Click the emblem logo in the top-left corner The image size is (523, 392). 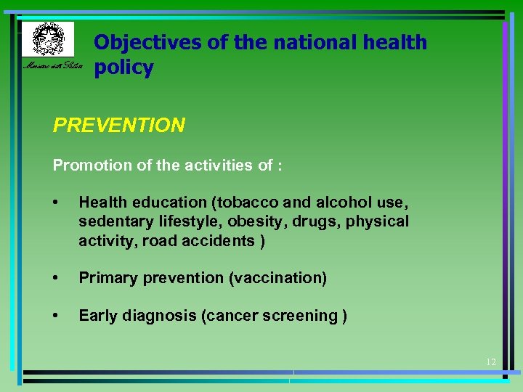(47, 38)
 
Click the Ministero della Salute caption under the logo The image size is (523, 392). (51, 68)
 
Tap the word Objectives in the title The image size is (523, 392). (148, 42)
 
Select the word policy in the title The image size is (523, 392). (123, 68)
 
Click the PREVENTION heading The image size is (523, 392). (119, 126)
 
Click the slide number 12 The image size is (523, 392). (490, 362)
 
